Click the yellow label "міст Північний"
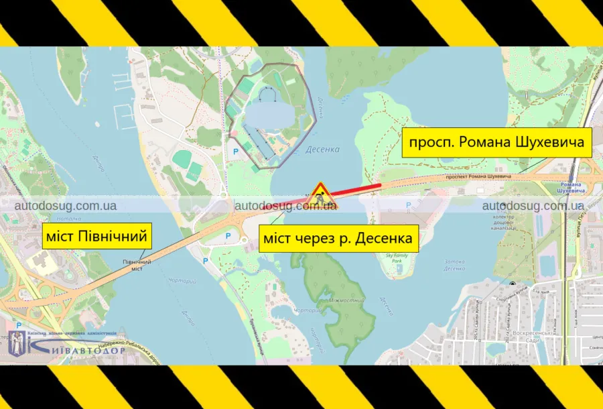[x=94, y=237]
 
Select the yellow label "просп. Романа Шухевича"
[x=496, y=143]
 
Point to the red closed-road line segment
[x=355, y=189]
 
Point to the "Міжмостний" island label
[x=346, y=301]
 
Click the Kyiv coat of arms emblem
[x=18, y=343]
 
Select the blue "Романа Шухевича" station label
[x=572, y=186]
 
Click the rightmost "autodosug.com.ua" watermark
[x=533, y=206]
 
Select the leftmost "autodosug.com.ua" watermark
[x=66, y=206]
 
